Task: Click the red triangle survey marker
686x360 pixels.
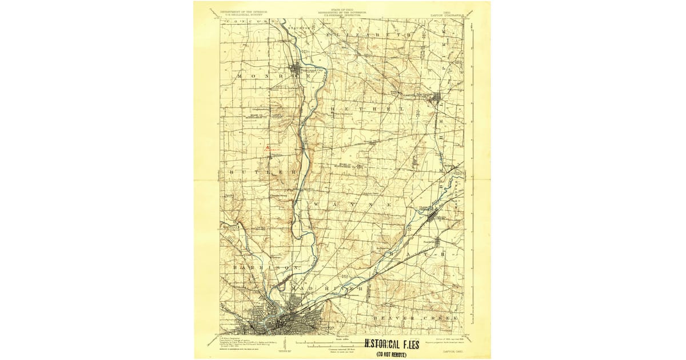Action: pos(268,147)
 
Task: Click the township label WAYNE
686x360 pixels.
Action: pos(352,203)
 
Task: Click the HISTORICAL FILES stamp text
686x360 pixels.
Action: pos(392,345)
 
